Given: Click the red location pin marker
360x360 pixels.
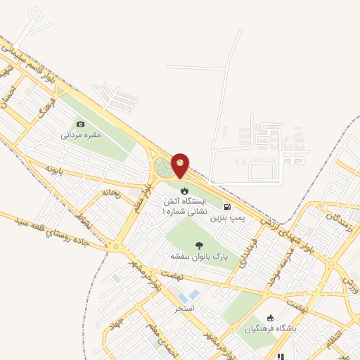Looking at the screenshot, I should point(180,166).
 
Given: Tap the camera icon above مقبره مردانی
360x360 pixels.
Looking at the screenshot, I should point(80,124).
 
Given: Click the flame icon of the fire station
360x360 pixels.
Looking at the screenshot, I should point(184,191).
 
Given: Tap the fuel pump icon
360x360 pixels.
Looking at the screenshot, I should point(227,207).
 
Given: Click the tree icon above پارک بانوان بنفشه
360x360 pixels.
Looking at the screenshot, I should point(200,245).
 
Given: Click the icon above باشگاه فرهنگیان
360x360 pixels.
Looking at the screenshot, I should point(271,318).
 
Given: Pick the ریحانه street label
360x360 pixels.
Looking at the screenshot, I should point(112,191).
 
